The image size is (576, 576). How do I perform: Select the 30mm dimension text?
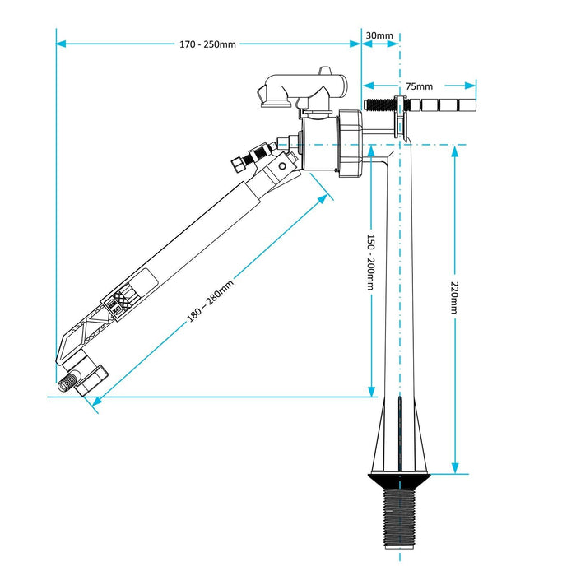pyautogui.click(x=379, y=35)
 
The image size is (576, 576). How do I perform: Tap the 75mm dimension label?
pyautogui.click(x=419, y=86)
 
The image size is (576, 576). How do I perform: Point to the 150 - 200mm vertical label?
pyautogui.click(x=371, y=263)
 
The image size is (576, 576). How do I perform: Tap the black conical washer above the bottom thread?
pyautogui.click(x=399, y=477)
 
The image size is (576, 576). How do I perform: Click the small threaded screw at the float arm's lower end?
pyautogui.click(x=67, y=383)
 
